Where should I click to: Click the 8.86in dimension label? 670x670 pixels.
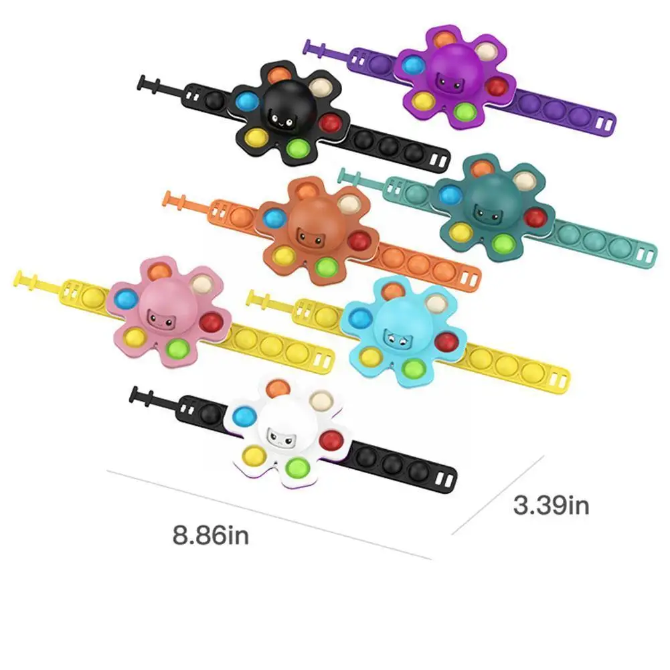(x=210, y=535)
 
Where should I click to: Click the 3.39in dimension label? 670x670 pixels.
(x=551, y=505)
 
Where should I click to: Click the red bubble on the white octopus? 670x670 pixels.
(x=330, y=440)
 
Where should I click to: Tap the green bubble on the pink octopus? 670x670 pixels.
(x=177, y=348)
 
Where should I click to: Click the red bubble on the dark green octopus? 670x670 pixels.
(x=535, y=217)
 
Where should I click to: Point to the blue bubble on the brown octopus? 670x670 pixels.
(x=274, y=218)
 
